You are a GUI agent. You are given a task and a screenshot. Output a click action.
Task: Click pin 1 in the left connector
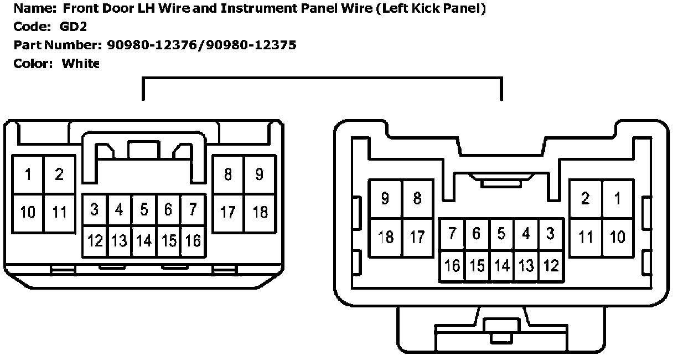(28, 174)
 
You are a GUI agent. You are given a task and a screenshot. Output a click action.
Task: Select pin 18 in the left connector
(260, 212)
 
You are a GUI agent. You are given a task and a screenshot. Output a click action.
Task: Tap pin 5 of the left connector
(144, 210)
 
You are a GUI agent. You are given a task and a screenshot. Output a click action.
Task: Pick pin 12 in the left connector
(95, 241)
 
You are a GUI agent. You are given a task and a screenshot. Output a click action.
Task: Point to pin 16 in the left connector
(193, 241)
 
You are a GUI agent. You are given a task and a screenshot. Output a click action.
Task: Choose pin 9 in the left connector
(260, 174)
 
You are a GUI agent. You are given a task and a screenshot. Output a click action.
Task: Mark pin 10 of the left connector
(28, 212)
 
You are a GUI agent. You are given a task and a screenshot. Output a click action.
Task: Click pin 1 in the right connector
(618, 199)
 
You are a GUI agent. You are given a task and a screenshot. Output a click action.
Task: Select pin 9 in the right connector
(385, 199)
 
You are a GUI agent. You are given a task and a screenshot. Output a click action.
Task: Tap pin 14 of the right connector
(501, 265)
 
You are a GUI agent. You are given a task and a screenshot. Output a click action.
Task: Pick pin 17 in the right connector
(417, 236)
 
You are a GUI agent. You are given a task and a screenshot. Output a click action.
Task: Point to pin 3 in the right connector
(550, 234)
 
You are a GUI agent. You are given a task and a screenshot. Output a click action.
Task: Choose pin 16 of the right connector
(452, 265)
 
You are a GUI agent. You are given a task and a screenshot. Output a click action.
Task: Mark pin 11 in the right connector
(586, 236)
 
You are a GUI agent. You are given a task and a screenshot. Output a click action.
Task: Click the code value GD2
(74, 27)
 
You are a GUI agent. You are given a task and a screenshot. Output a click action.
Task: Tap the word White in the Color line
(80, 63)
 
